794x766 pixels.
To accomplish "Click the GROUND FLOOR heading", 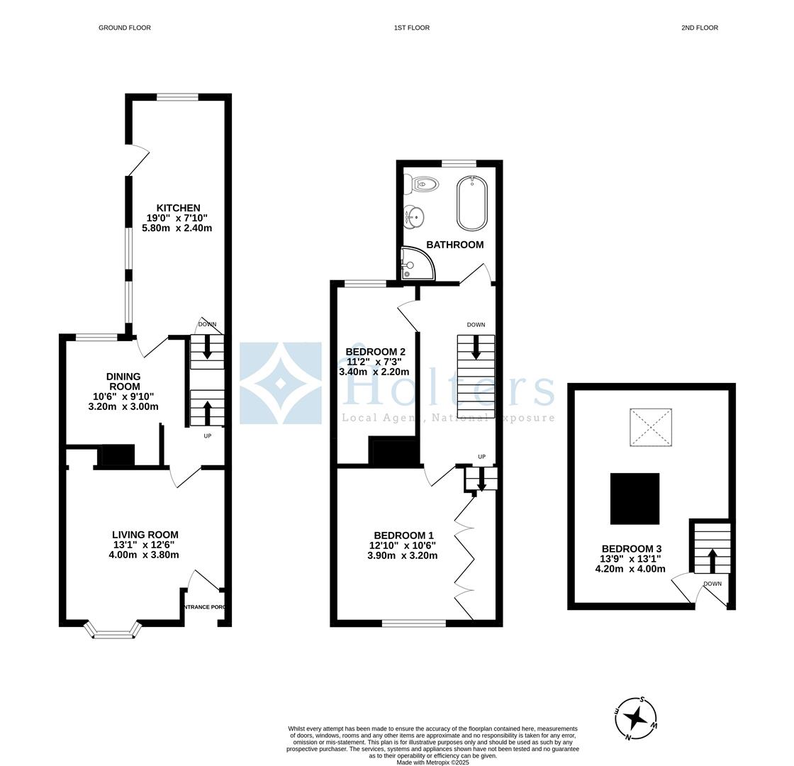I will click(x=124, y=28).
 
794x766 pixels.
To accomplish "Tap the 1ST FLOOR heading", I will click(x=412, y=28).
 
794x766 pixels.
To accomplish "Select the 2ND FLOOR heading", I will click(x=700, y=28).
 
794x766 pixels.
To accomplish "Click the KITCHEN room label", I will click(x=178, y=208).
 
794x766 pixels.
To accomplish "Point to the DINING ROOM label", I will click(x=123, y=382).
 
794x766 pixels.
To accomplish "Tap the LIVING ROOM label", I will click(x=145, y=535).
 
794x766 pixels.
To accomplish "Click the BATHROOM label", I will click(x=454, y=245).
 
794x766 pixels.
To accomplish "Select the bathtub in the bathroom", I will click(x=471, y=203).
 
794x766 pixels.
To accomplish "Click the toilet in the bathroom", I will click(x=423, y=184).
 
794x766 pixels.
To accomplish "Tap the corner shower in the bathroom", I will click(x=417, y=263).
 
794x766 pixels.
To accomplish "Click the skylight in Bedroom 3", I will click(x=650, y=427).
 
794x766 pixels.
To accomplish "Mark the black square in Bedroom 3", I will click(x=634, y=499).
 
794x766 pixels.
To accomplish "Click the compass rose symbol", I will click(x=636, y=718).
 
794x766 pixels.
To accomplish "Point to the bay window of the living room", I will click(x=113, y=631).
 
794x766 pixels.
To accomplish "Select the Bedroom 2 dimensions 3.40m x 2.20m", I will click(x=374, y=372).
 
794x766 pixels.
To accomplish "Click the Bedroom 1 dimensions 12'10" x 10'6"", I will click(x=402, y=545).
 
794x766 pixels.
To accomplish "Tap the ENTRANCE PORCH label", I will click(x=206, y=607).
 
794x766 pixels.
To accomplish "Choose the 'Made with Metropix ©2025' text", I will click(x=432, y=762).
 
